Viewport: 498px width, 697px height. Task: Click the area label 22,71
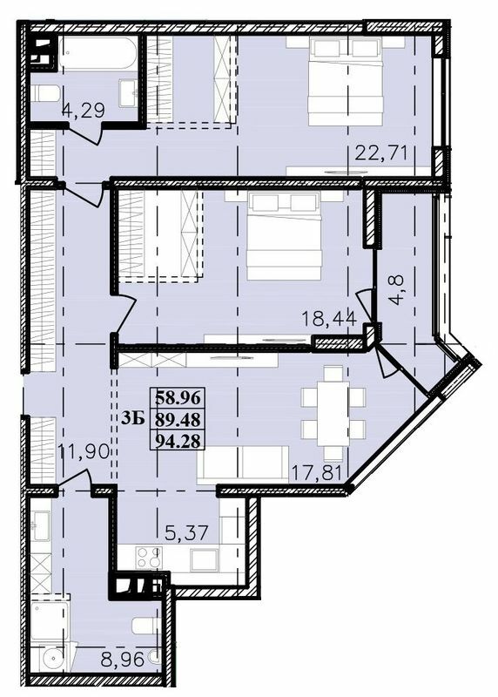click(382, 155)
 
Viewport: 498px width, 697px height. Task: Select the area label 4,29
click(81, 111)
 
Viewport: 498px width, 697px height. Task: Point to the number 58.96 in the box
click(178, 398)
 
